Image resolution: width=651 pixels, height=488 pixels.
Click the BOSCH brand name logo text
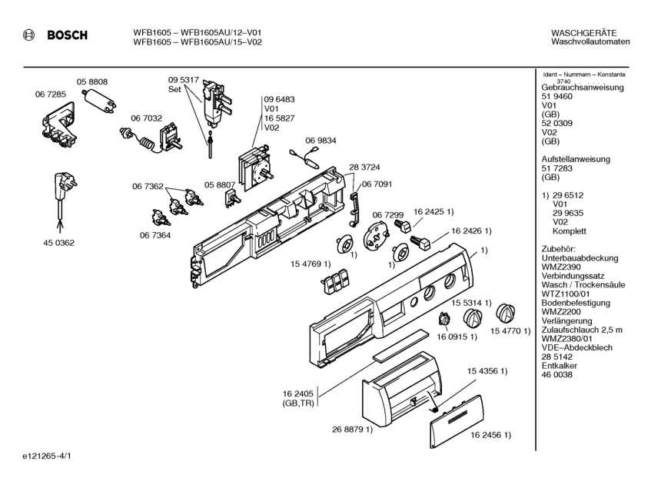click(68, 35)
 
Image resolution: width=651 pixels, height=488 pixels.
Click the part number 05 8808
click(91, 81)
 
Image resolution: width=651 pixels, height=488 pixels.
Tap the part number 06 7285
click(50, 94)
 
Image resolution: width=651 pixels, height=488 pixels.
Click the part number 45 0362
click(58, 243)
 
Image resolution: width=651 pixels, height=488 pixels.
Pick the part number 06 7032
click(146, 118)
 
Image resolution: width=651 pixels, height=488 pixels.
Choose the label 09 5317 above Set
click(184, 80)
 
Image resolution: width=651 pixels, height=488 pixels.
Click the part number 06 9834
click(321, 141)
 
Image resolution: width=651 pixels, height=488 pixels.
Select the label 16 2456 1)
click(490, 436)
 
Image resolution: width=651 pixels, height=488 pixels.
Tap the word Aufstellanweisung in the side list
click(576, 159)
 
